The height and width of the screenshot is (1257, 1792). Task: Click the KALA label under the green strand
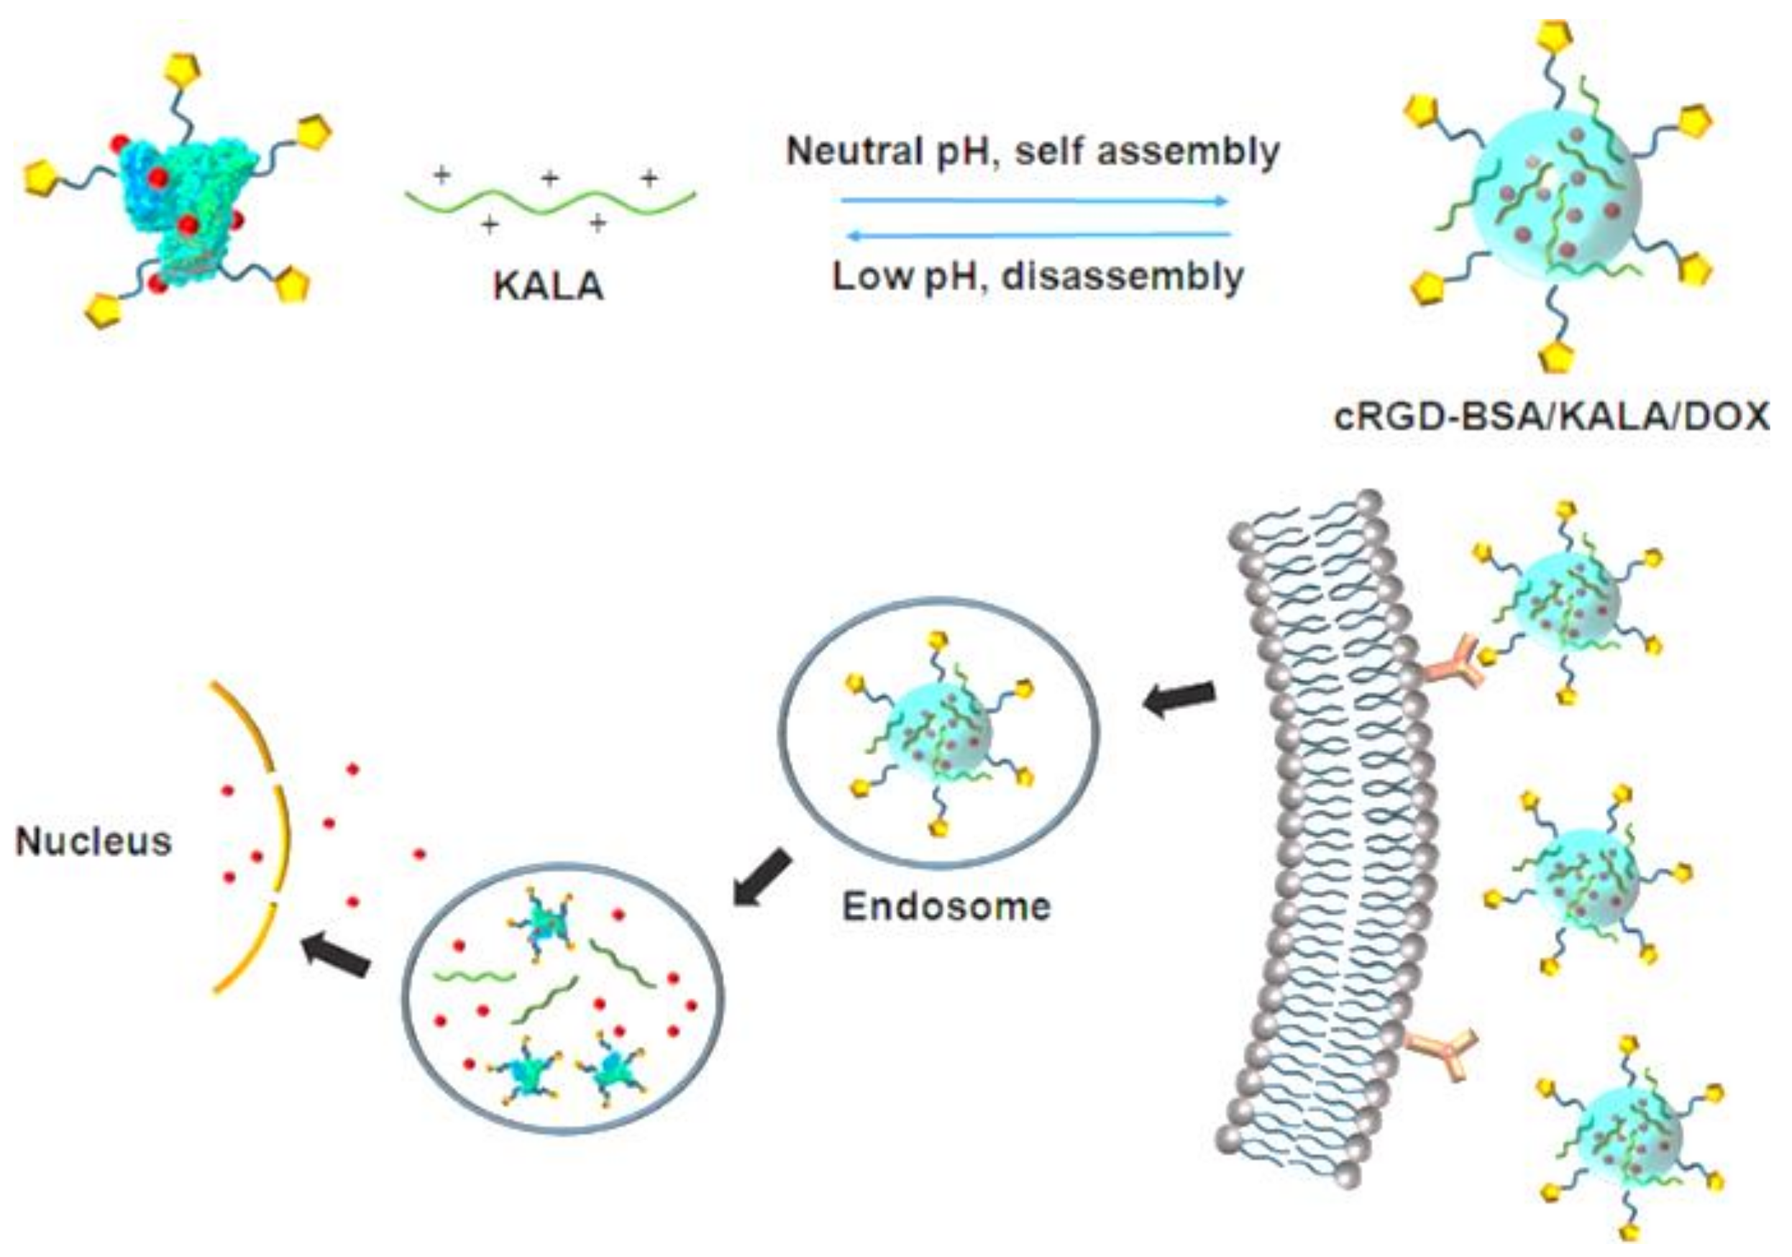549,286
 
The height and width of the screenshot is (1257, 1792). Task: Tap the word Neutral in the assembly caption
854,150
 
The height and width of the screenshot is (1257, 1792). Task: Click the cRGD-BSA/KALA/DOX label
1552,416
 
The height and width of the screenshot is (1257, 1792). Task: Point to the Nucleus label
93,842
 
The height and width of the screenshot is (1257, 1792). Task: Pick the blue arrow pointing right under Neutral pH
1035,201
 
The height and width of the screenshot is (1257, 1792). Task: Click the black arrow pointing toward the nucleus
337,955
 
